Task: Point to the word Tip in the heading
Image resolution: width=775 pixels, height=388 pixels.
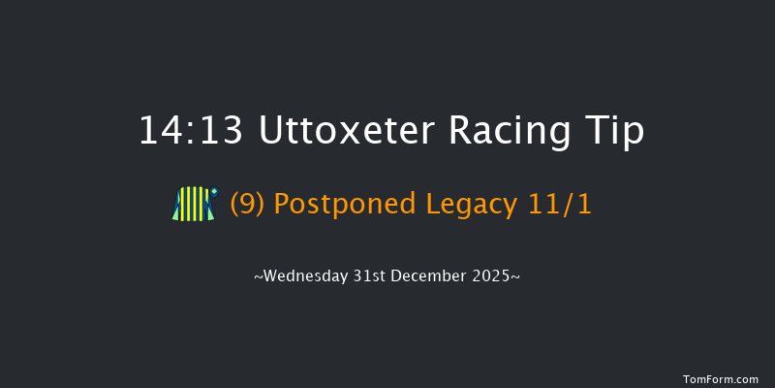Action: pos(617,132)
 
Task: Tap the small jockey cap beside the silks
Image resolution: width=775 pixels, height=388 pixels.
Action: pos(214,192)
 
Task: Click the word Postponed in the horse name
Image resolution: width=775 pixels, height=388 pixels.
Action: pos(345,205)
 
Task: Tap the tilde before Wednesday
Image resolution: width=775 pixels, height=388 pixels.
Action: pos(258,277)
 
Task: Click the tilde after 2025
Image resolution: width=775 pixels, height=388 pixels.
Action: pos(517,277)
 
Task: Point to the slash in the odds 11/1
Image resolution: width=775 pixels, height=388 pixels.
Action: pos(569,205)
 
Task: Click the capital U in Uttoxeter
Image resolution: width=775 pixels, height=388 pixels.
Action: pos(273,132)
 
